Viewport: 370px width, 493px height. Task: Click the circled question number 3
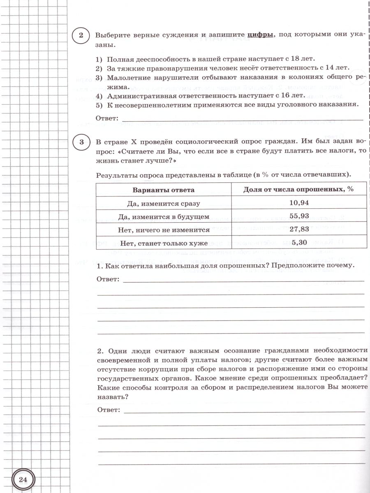(x=81, y=142)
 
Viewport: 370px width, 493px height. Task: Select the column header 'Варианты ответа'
(x=163, y=190)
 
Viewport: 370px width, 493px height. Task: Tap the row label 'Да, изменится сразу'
(x=164, y=203)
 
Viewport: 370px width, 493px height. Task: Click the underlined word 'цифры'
(x=261, y=35)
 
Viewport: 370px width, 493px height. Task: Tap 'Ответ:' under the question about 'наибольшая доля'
(x=108, y=279)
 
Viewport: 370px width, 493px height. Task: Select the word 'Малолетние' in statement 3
(x=127, y=77)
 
